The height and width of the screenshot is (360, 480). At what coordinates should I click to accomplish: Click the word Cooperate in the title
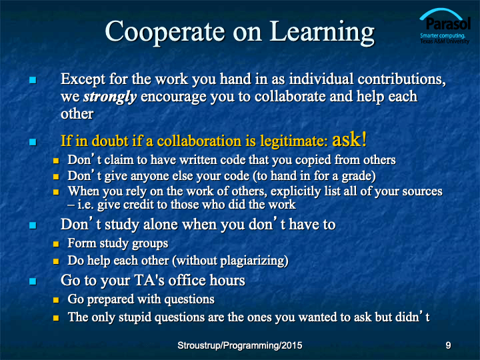pyautogui.click(x=165, y=32)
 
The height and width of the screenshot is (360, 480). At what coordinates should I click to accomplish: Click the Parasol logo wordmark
pyautogui.click(x=448, y=23)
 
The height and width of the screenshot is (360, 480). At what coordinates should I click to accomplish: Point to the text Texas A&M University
pyautogui.click(x=445, y=41)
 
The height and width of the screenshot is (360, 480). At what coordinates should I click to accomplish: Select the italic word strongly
pyautogui.click(x=110, y=97)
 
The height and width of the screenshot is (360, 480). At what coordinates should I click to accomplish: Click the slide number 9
pyautogui.click(x=448, y=345)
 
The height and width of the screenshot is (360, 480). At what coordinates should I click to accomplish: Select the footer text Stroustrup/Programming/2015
pyautogui.click(x=240, y=345)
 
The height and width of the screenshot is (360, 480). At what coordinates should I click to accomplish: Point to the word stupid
pyautogui.click(x=135, y=317)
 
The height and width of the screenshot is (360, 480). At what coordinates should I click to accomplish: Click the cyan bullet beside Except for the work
pyautogui.click(x=33, y=80)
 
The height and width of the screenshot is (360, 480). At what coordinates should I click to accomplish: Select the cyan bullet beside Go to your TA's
pyautogui.click(x=33, y=281)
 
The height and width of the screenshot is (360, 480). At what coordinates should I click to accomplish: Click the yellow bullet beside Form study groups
pyautogui.click(x=56, y=244)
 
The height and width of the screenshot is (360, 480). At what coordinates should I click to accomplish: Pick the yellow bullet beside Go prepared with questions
pyautogui.click(x=56, y=300)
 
